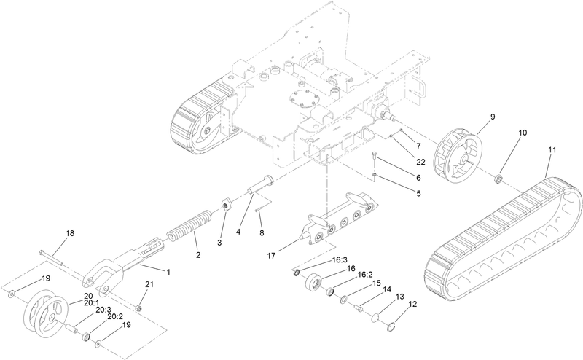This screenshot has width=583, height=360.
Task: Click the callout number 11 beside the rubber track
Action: click(x=552, y=149)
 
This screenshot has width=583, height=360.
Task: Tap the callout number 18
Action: click(x=70, y=233)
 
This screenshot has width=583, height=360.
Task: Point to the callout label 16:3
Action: click(x=341, y=259)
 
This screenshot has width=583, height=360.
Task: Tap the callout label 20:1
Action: click(x=91, y=302)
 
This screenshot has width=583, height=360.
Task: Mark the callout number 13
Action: click(x=400, y=297)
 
